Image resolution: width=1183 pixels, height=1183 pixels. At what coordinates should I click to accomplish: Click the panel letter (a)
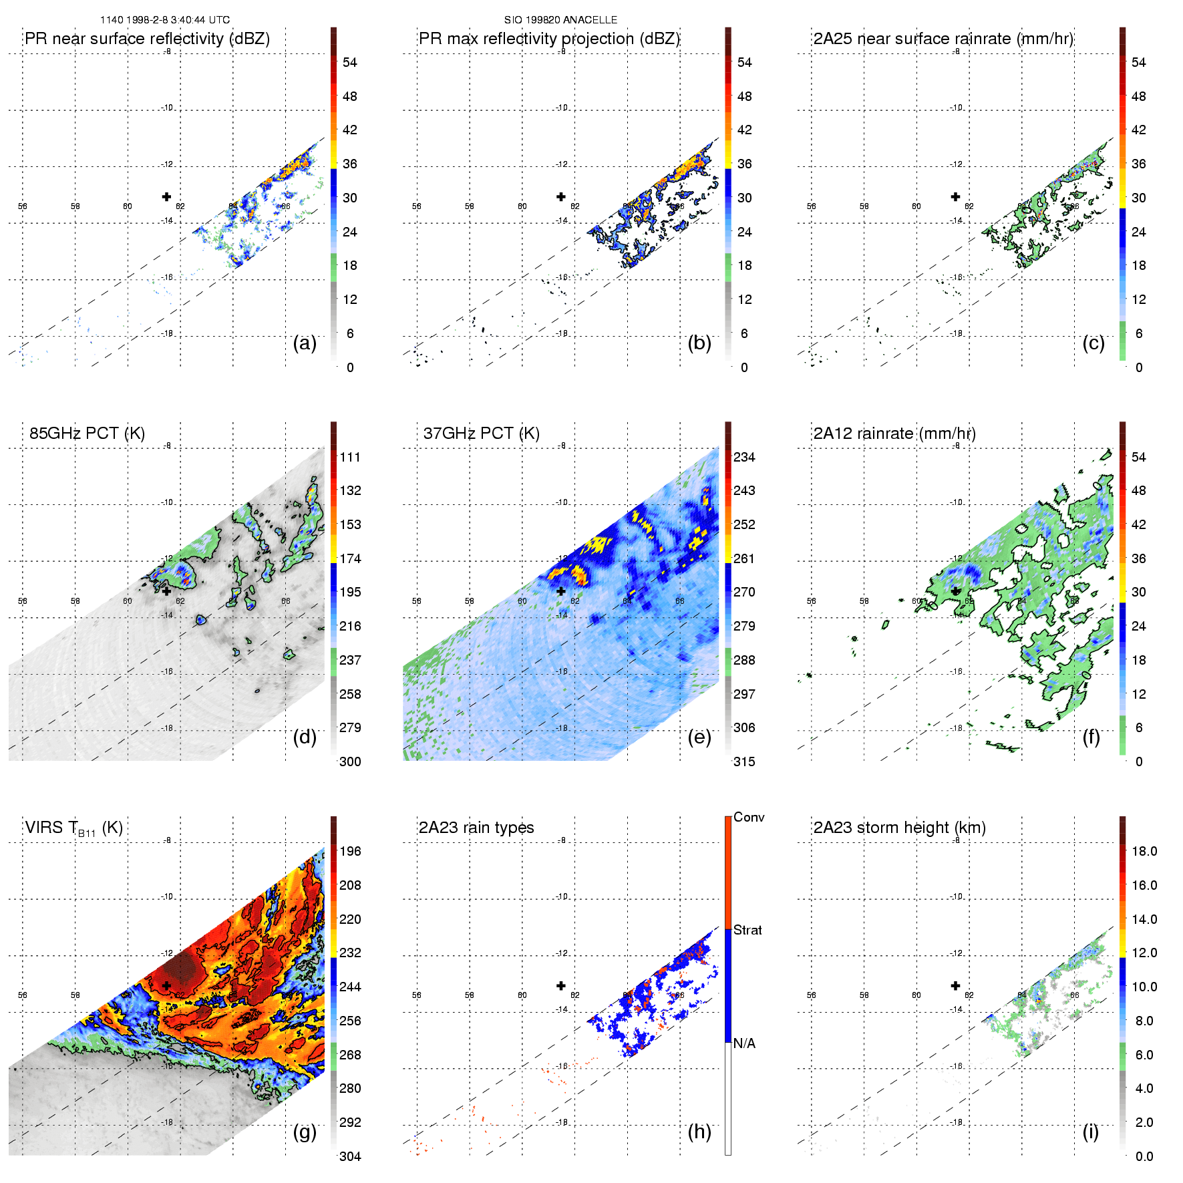(x=305, y=343)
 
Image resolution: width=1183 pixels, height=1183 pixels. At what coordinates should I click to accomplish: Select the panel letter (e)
(x=699, y=737)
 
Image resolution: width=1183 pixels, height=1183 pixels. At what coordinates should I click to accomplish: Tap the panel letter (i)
(x=1090, y=1132)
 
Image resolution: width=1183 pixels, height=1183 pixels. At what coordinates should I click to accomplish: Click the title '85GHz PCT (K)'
(x=87, y=433)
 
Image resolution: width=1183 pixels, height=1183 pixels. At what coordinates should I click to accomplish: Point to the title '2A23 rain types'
(x=476, y=828)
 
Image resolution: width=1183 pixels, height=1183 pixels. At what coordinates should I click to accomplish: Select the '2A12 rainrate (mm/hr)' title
(x=894, y=433)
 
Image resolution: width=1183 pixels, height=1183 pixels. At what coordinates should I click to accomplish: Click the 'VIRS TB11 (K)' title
(x=73, y=828)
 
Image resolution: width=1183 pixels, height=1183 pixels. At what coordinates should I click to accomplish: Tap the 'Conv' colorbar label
(x=749, y=817)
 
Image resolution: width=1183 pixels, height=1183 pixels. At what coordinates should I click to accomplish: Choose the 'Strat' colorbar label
(x=747, y=930)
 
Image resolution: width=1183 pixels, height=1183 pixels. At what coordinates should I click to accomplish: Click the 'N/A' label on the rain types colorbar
(x=744, y=1043)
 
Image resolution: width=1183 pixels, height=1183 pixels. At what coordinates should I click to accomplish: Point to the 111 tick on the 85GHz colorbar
(x=350, y=457)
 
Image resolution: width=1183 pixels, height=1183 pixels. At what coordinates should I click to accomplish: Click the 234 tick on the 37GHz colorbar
(x=744, y=457)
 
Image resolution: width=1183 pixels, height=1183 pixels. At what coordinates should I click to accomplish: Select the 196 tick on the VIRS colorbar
(x=350, y=851)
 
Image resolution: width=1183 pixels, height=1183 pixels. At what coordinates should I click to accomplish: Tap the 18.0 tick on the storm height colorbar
(x=1144, y=851)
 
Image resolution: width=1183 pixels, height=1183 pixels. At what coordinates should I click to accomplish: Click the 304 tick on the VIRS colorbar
(x=350, y=1156)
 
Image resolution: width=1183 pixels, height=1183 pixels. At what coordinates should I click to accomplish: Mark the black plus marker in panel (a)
(x=166, y=196)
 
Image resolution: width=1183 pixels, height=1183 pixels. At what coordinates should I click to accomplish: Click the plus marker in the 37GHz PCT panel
(x=561, y=591)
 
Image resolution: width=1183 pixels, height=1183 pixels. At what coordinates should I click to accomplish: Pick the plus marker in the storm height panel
(x=955, y=985)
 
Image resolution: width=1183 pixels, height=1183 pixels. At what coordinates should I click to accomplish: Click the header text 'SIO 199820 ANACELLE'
(x=560, y=20)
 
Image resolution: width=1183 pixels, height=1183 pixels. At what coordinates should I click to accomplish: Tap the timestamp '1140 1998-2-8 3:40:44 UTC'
(x=165, y=20)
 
